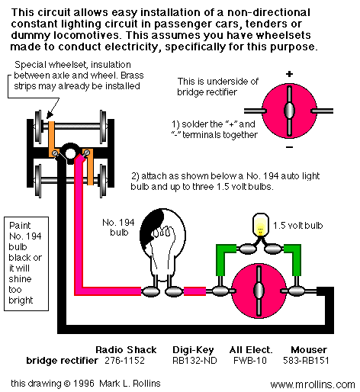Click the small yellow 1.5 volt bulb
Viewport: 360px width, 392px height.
260,225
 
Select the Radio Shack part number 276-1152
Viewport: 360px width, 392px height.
124,360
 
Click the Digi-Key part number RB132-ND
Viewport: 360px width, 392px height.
194,360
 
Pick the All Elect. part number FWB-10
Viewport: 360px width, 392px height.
250,360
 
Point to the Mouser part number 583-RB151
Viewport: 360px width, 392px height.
306,360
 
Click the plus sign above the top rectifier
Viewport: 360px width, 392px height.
289,74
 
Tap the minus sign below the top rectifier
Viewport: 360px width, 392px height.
289,147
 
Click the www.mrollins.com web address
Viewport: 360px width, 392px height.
313,384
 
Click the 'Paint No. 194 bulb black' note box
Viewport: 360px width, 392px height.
26,264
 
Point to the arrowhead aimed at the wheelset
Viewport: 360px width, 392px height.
50,115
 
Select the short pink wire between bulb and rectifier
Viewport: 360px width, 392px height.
194,291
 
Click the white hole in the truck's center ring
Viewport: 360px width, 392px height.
70,153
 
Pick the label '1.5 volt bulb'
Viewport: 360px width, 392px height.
297,226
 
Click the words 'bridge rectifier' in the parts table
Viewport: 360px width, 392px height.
62,360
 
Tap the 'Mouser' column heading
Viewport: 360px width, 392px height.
309,350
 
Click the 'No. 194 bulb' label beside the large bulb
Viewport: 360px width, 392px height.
118,227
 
